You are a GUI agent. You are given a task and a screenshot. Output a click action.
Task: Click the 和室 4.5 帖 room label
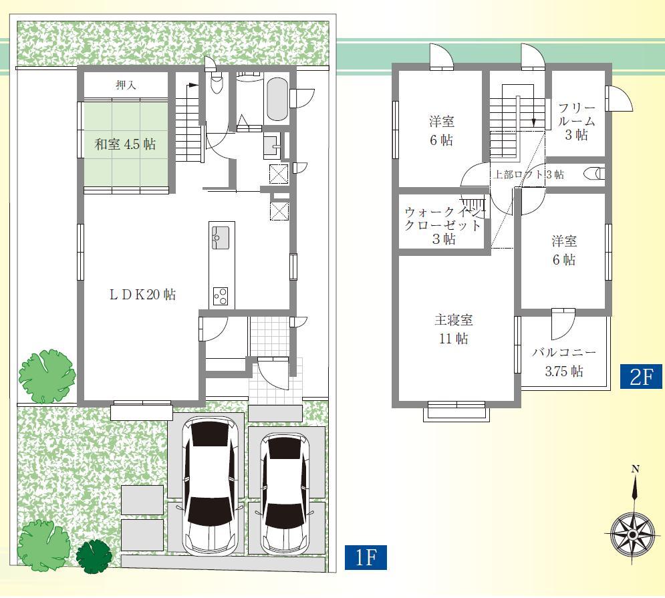(x=125, y=144)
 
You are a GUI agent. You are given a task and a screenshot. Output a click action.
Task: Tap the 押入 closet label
(x=125, y=85)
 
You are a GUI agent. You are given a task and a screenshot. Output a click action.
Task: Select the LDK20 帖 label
(x=142, y=295)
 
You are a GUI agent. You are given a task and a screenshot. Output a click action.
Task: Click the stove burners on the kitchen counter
(x=221, y=295)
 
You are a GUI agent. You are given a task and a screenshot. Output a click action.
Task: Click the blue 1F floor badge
(x=366, y=557)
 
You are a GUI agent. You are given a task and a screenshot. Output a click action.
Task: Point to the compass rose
(x=632, y=534)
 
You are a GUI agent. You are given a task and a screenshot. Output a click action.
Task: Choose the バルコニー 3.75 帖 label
(x=563, y=361)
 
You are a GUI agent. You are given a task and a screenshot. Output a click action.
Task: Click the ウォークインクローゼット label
(x=442, y=225)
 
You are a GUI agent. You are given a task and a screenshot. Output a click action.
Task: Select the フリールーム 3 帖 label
(x=575, y=122)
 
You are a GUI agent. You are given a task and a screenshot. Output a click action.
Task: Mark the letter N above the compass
(x=635, y=469)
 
